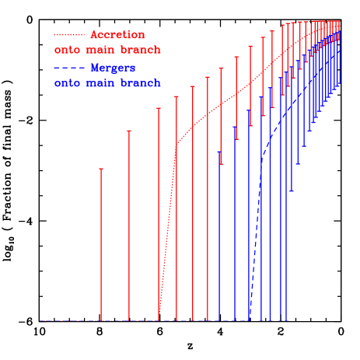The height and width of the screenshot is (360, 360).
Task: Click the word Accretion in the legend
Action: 117,35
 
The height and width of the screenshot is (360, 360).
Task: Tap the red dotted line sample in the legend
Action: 69,35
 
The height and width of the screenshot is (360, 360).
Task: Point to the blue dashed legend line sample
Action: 69,68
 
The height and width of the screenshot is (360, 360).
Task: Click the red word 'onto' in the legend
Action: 67,51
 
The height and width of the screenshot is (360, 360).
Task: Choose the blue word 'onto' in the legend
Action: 67,83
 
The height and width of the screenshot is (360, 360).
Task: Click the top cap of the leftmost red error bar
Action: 101,168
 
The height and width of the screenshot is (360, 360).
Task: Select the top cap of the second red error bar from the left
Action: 129,131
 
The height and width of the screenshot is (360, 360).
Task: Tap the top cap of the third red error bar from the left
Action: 159,108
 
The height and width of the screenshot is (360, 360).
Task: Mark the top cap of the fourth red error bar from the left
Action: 177,96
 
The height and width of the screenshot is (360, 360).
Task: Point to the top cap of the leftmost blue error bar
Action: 220,152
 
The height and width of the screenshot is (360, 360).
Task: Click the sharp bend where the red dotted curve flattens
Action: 177,143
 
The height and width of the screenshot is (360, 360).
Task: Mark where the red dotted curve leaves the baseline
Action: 159,320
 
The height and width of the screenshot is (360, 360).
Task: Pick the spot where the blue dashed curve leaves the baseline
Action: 250,320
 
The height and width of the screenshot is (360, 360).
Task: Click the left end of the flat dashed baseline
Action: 40,320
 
